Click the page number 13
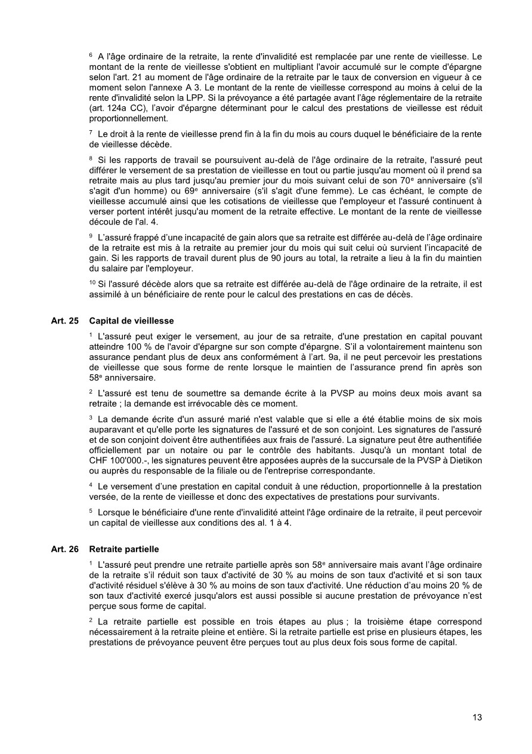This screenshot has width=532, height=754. (x=477, y=717)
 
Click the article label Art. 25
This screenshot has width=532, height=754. (x=65, y=321)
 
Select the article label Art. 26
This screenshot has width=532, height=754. (x=65, y=549)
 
